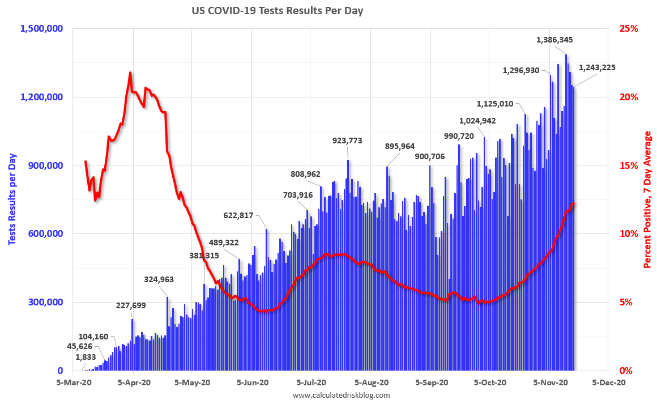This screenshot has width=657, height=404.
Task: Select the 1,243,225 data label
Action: coord(597,67)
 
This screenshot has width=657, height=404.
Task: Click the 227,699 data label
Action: coord(130,305)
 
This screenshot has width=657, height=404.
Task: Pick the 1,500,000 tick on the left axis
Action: coord(42,28)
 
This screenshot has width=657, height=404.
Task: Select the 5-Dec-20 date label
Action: coord(609,382)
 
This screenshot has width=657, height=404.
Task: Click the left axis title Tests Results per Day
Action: coord(12,199)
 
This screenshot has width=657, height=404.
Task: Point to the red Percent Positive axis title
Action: coord(647,199)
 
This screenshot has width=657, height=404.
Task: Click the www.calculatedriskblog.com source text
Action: coord(342,395)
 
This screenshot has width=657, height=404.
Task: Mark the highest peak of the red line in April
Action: coord(130,73)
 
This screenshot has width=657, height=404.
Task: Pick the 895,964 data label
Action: coord(400,146)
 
